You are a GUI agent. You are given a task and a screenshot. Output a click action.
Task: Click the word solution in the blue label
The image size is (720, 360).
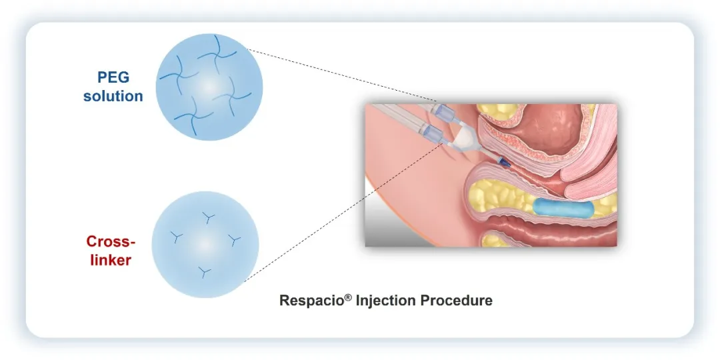[x=113, y=96]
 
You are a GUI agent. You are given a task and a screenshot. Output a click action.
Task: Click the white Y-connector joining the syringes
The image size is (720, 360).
[x=465, y=139]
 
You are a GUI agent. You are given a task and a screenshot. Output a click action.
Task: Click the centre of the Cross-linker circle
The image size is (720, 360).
[x=205, y=244]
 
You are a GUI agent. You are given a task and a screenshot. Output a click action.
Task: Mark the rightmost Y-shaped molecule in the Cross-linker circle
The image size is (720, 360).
[x=235, y=239]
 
